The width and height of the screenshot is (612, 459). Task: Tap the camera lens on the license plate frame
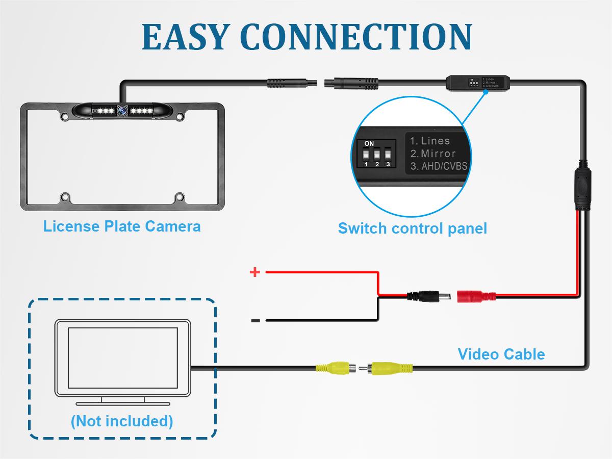(x=122, y=110)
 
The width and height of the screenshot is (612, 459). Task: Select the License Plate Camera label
(x=122, y=226)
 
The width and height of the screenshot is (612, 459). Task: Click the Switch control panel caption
(x=412, y=228)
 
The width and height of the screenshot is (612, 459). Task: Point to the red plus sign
(x=254, y=272)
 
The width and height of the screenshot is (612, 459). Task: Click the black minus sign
(x=256, y=320)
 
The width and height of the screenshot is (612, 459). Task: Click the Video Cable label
(x=501, y=354)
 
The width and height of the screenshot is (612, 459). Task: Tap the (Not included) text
(x=122, y=421)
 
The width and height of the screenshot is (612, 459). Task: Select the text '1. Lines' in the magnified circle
(x=430, y=141)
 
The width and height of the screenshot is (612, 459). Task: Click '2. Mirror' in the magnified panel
(x=433, y=153)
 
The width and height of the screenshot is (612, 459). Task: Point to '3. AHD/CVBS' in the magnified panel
(x=439, y=166)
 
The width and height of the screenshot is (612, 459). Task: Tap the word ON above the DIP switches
(x=369, y=144)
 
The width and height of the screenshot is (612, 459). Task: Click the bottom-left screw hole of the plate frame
(x=65, y=196)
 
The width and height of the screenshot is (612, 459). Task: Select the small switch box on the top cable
(x=477, y=82)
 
